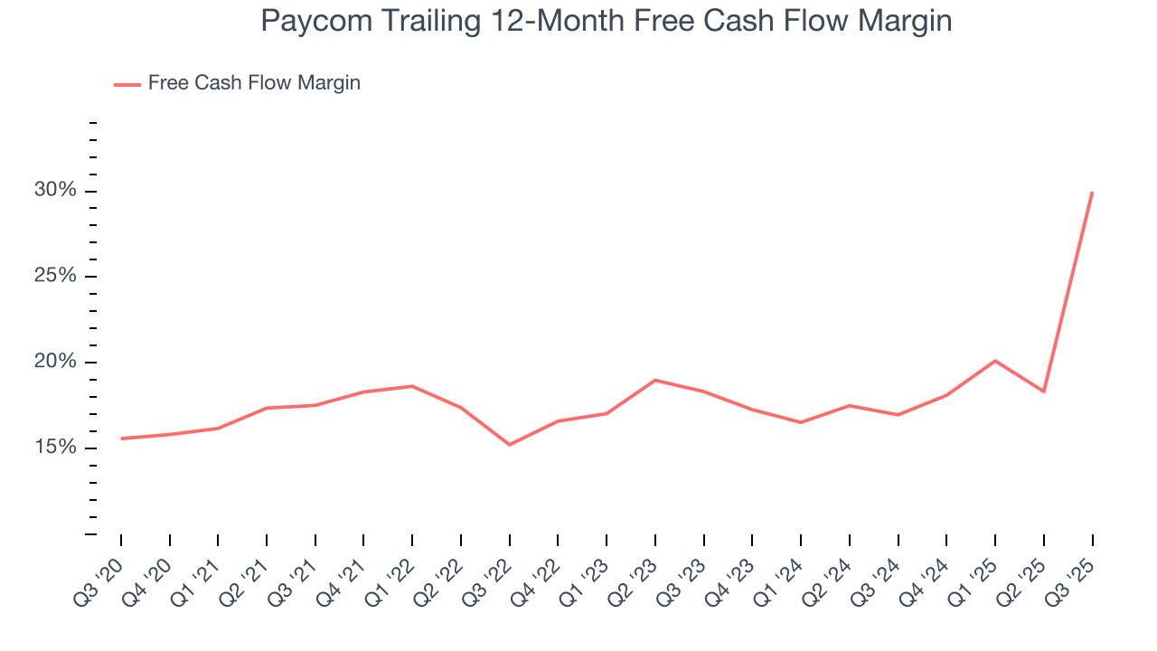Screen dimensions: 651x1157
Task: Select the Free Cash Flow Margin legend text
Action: point(254,83)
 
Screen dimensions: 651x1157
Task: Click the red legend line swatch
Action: point(127,84)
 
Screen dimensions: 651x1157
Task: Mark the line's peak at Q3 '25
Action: point(1092,193)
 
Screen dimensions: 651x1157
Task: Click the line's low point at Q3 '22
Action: point(510,445)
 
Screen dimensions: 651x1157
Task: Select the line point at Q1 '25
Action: point(995,361)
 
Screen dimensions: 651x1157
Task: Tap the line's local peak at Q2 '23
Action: point(654,380)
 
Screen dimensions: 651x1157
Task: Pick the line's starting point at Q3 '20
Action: point(121,439)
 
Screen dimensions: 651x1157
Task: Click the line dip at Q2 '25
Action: point(1044,392)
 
